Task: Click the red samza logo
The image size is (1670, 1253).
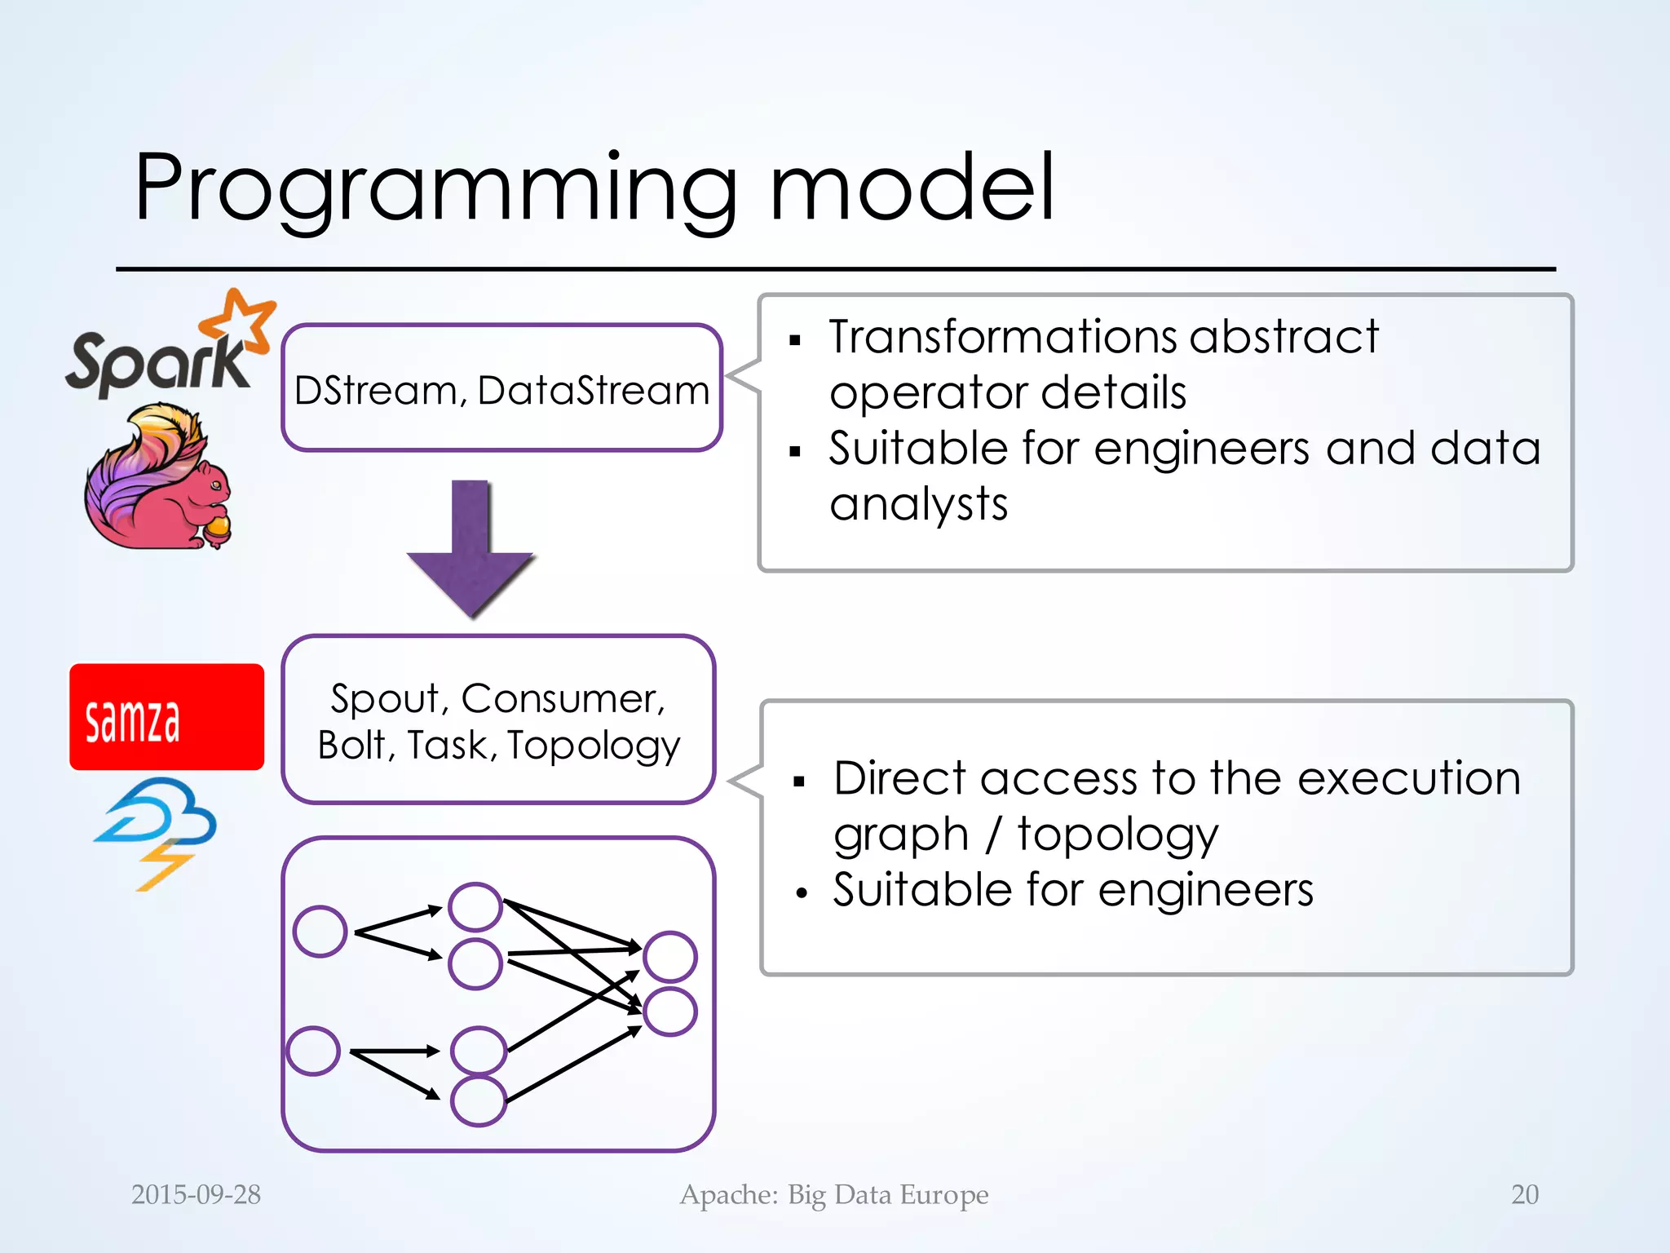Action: click(166, 717)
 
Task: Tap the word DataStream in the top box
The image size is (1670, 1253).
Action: click(594, 390)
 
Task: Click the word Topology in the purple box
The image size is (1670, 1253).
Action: click(594, 746)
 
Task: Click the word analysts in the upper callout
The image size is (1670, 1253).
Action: click(918, 504)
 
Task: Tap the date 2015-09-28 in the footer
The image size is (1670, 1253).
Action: click(196, 1194)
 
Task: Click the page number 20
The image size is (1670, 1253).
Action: click(1524, 1194)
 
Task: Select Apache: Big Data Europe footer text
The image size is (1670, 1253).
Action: click(834, 1194)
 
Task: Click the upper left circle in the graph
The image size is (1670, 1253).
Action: click(320, 931)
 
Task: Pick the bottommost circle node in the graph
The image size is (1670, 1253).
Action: click(478, 1100)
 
